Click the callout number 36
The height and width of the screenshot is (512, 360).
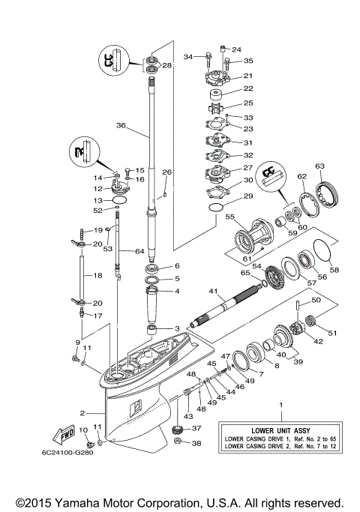tap(121, 126)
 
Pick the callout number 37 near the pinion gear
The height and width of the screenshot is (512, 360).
tap(197, 428)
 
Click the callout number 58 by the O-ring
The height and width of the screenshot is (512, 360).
tap(334, 270)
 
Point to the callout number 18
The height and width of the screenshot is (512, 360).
tap(97, 277)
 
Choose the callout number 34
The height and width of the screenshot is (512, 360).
tap(189, 55)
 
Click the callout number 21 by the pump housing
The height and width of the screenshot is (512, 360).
tap(247, 76)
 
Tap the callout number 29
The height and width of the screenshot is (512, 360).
tap(247, 196)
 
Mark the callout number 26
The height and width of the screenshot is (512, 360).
tap(166, 172)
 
